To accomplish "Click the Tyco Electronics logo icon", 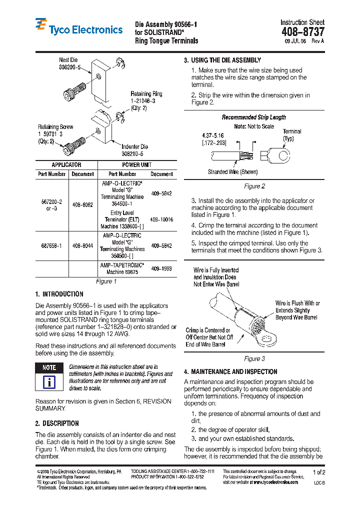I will coord(41,25).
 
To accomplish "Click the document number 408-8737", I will coord(302,32).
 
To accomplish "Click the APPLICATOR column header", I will coord(66,165).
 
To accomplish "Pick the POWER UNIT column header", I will coord(136,165).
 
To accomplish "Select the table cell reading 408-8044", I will coord(82,246).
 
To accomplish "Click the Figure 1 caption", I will coord(106,281).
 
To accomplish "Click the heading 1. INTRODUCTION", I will coord(59,294).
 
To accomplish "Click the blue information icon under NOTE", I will coord(49,382).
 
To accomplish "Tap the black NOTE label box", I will coord(49,367).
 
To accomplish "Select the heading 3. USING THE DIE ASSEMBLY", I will coord(222,60).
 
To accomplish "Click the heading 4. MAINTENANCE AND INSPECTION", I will coord(230,371).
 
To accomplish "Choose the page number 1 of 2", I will coord(318,472).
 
